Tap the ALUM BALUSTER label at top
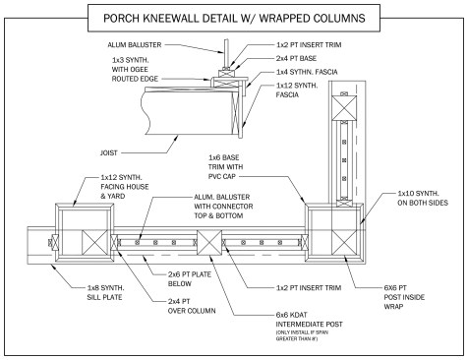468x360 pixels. pos(135,45)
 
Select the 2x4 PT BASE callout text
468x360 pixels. pos(296,58)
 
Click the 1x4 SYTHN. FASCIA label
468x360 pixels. pos(307,72)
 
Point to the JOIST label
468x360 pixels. pos(109,152)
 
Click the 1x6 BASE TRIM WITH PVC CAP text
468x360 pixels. pos(226,167)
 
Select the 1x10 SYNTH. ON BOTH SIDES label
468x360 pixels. pos(423,198)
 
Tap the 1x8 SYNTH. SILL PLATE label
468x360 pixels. pos(105,292)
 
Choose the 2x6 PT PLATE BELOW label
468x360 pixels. pos(190,279)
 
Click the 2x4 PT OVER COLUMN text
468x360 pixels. pos(192,306)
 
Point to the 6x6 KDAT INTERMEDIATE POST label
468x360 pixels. pos(309,320)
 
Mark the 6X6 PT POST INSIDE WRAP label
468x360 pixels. pos(404,297)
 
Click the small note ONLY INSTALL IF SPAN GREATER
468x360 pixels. pos(302,335)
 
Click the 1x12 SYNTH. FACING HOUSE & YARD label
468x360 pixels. pos(125,187)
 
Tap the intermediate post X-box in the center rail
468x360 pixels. pos(209,243)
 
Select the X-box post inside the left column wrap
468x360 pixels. pos(94,243)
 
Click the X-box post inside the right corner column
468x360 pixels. pos(344,243)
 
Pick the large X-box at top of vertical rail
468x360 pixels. pos(344,108)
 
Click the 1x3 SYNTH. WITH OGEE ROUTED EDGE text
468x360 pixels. pos(135,70)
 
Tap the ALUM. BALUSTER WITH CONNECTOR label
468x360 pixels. pos(223,207)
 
